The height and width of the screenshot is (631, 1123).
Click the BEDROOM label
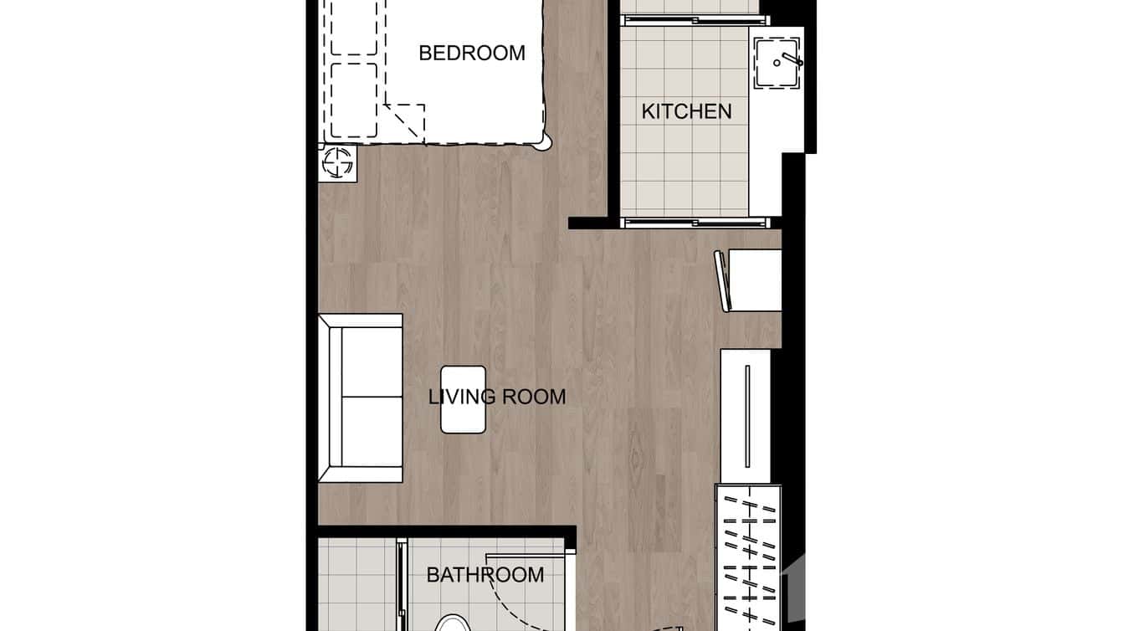(471, 53)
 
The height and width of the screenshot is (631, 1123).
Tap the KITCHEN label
(686, 111)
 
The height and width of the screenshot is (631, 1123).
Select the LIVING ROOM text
(497, 396)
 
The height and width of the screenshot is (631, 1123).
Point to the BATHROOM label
(485, 575)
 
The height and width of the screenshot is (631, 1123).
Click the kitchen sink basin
(777, 64)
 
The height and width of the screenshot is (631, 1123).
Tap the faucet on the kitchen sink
(790, 60)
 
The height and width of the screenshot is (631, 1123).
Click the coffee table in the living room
(463, 400)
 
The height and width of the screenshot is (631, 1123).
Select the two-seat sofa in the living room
(361, 398)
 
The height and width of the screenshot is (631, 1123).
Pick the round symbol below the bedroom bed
(338, 162)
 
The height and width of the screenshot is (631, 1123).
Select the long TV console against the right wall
(746, 416)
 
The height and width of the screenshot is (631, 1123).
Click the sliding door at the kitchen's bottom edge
(695, 223)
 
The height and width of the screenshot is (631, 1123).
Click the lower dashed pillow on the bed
(354, 100)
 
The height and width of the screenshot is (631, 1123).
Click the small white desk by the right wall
(756, 280)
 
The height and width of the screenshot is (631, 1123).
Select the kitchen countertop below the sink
(765, 151)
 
